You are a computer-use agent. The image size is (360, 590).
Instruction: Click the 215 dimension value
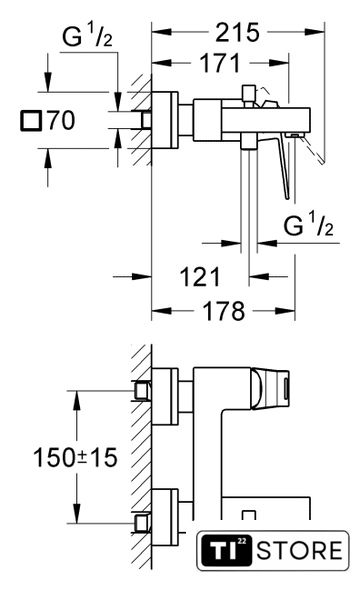(237, 32)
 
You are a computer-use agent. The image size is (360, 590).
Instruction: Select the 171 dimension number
(220, 63)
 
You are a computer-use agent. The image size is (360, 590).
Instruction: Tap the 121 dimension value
(200, 277)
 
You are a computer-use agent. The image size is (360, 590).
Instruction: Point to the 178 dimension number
(223, 311)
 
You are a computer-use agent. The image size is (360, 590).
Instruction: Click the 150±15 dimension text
(75, 458)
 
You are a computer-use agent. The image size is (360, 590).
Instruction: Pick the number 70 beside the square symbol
(61, 120)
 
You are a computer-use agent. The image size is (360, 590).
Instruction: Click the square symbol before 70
(31, 121)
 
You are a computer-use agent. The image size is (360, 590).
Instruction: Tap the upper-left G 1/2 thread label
(87, 35)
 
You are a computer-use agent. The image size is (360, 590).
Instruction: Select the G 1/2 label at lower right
(308, 224)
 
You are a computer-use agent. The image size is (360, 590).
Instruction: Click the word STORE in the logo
(299, 550)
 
